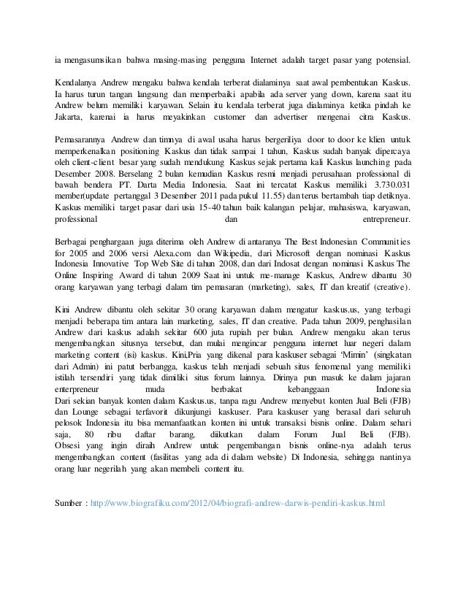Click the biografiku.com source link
click(235, 504)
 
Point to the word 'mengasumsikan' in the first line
click(94, 58)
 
